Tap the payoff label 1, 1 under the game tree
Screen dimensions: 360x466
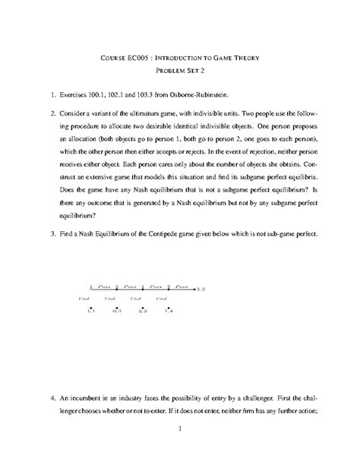(90, 310)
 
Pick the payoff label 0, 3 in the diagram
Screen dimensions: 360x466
(115, 310)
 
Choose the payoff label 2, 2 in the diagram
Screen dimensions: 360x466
(142, 310)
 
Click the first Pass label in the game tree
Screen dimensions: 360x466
(103, 286)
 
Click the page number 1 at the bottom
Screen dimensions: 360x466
(179, 429)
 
